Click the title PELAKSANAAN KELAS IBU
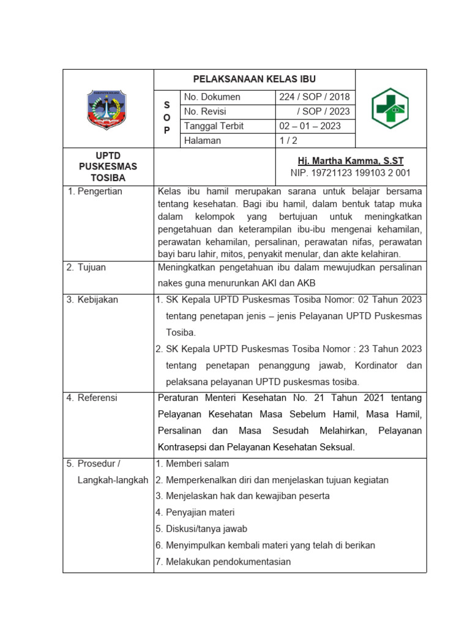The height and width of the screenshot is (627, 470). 254,79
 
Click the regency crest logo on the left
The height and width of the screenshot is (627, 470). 108,108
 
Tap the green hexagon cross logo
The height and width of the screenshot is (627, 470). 390,108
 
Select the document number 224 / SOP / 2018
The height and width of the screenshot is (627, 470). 315,97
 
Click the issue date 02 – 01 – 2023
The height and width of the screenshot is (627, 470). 310,126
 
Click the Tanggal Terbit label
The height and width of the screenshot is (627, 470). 214,126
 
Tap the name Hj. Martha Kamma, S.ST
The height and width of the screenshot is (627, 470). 350,161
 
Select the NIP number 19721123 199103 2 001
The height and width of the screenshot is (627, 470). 350,173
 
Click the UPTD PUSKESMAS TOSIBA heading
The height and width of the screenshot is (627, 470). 108,166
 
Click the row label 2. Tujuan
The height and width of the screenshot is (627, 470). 87,267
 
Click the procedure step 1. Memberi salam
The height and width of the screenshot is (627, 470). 192,464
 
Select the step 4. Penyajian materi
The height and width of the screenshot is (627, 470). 195,512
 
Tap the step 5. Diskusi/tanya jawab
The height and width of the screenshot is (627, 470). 201,529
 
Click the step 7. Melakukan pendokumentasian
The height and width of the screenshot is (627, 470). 223,562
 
